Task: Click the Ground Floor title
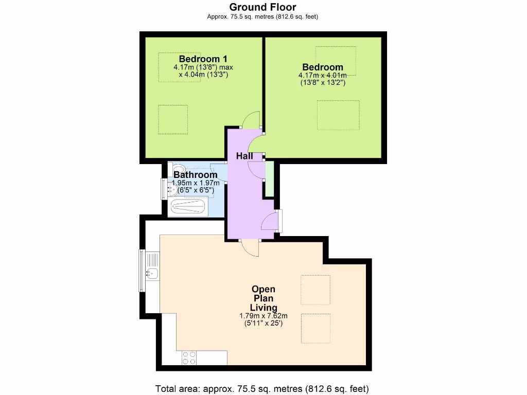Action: [x=262, y=7]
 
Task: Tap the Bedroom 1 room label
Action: [x=203, y=58]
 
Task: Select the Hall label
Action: [x=245, y=155]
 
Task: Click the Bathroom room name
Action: [x=195, y=175]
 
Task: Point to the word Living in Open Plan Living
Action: [x=263, y=307]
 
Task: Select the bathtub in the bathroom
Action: [x=188, y=208]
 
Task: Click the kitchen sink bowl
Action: [x=152, y=273]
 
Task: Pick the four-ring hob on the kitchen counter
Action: [x=189, y=357]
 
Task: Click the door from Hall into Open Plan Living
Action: [x=251, y=247]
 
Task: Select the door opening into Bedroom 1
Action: [x=252, y=120]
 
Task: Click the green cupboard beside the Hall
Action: [x=268, y=178]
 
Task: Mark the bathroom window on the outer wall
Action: [x=164, y=188]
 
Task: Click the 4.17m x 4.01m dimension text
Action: [x=322, y=75]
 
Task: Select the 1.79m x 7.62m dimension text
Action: [x=263, y=316]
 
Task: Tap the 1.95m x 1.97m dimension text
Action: [x=196, y=183]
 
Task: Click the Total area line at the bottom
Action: [x=262, y=388]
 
